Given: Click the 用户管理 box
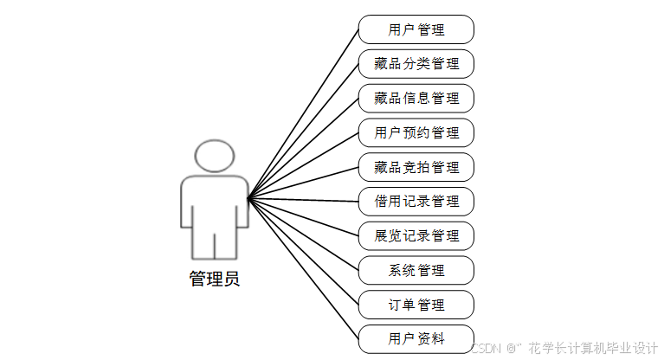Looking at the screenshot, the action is tap(416, 29).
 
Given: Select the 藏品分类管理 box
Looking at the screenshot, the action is tap(416, 64).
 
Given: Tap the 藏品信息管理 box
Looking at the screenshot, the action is tap(416, 98).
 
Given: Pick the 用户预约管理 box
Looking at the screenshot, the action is tap(416, 132).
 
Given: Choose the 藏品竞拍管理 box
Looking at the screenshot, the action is tap(416, 167).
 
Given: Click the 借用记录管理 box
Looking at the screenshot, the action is tap(416, 202).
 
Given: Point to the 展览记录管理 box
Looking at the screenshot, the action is tap(416, 235).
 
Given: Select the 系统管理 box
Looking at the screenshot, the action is tap(416, 270).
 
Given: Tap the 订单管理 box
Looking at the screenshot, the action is tap(416, 305).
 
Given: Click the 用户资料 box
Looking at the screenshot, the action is tap(416, 338).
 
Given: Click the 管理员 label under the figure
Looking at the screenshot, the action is tap(214, 279).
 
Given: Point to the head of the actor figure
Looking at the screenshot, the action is tap(214, 157).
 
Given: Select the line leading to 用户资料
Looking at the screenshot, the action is tap(303, 269).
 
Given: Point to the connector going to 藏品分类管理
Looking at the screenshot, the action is tap(303, 132).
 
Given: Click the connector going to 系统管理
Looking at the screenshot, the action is tap(303, 235).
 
